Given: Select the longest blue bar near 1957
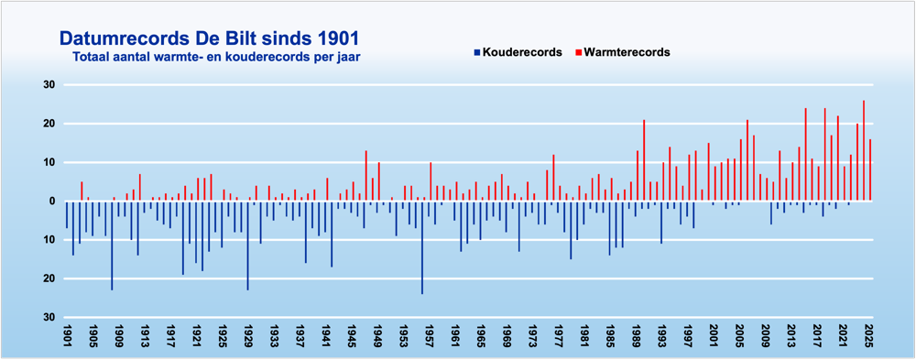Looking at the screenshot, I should pos(422,247).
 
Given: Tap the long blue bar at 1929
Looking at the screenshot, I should pos(247,245).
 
